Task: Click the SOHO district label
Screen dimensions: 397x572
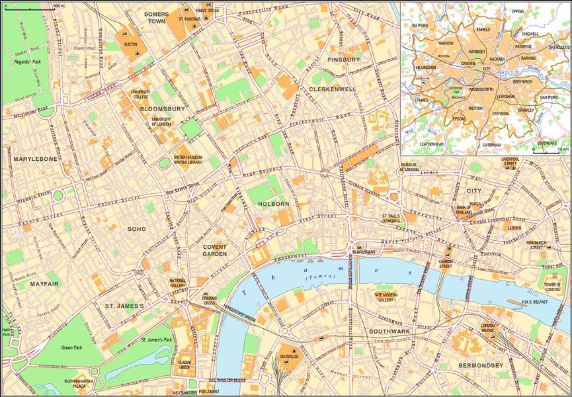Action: (137, 229)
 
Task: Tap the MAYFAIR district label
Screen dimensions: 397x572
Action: (45, 284)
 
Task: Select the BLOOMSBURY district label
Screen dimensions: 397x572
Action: (163, 108)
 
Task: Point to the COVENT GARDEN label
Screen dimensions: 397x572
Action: (215, 249)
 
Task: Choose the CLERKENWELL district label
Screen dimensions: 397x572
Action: (333, 88)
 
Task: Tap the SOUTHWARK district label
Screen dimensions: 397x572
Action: (389, 330)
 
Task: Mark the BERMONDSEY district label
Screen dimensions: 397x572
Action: (481, 365)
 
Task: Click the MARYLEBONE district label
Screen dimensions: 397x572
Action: (35, 159)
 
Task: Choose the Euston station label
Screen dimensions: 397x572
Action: (130, 44)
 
